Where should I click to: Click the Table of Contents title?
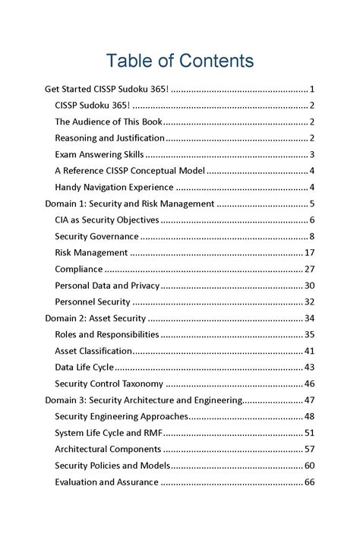tap(179, 60)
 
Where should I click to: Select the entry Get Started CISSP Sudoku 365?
tap(107, 89)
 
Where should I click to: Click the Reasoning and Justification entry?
tap(109, 138)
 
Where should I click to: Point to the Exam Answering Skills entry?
tap(99, 154)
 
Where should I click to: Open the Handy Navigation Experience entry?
tap(114, 187)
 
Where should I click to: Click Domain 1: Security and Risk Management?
tap(130, 204)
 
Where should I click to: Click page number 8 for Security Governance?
tap(311, 236)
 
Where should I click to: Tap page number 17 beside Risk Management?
tap(309, 253)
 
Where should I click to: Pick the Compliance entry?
tap(78, 269)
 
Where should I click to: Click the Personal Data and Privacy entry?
tap(107, 286)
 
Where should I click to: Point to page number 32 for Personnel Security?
tap(309, 302)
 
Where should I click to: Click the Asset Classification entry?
tap(93, 351)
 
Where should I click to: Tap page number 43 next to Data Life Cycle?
tap(309, 368)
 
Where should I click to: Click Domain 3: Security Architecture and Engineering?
tap(143, 400)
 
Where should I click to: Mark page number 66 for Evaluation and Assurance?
tap(309, 482)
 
